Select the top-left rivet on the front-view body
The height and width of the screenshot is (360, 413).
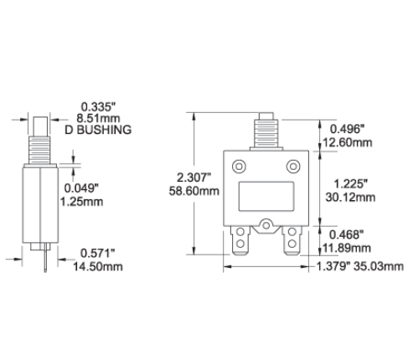click(239, 165)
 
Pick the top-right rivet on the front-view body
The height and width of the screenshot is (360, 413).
click(294, 165)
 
